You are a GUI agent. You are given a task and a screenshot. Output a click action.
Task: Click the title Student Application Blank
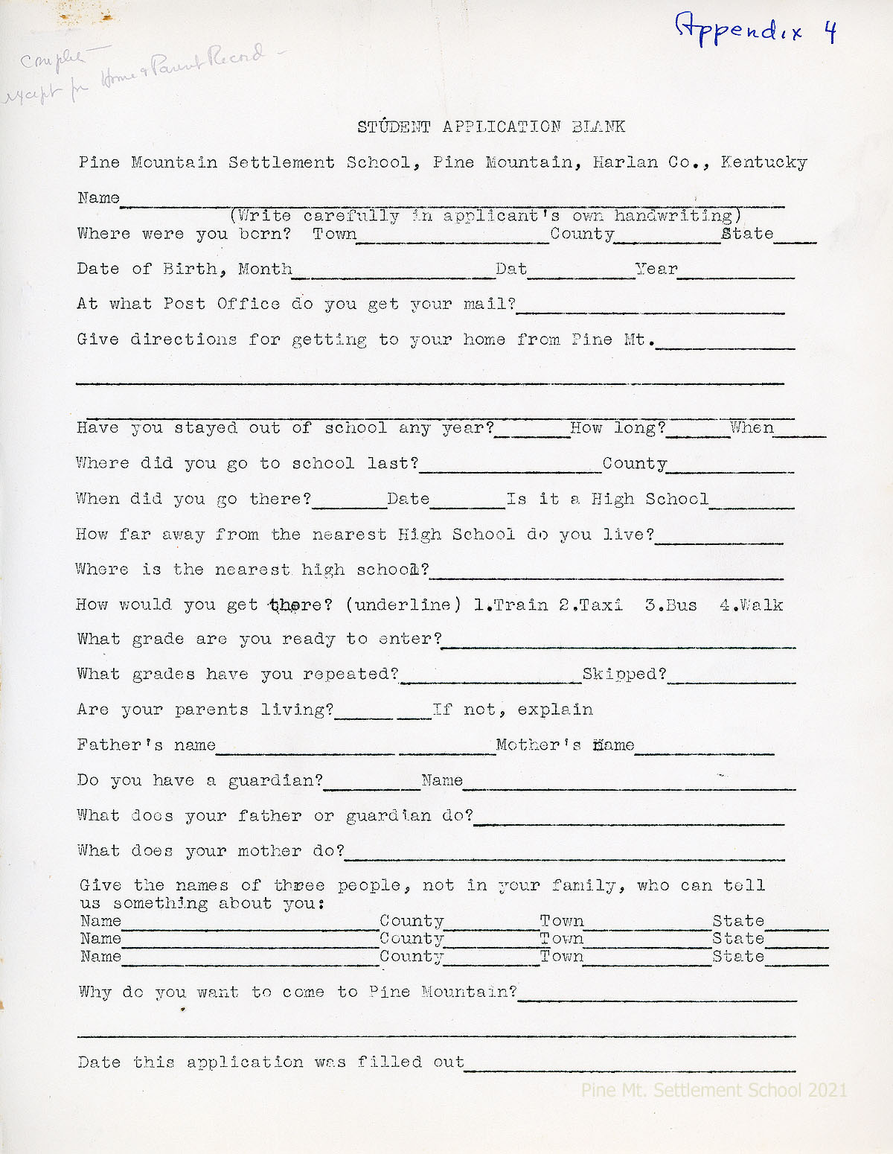pyautogui.click(x=491, y=127)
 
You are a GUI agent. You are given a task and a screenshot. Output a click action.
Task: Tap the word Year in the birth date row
pyautogui.click(x=656, y=269)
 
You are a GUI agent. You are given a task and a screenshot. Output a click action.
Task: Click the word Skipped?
pyautogui.click(x=624, y=674)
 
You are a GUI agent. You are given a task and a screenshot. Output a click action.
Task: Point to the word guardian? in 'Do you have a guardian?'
pyautogui.click(x=275, y=780)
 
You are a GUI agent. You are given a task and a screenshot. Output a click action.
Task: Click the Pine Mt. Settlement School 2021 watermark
pyautogui.click(x=714, y=1090)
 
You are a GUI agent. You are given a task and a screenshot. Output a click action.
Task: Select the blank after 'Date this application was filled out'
pyautogui.click(x=630, y=1067)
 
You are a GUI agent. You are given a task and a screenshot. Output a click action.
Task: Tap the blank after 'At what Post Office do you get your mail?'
pyautogui.click(x=650, y=309)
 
